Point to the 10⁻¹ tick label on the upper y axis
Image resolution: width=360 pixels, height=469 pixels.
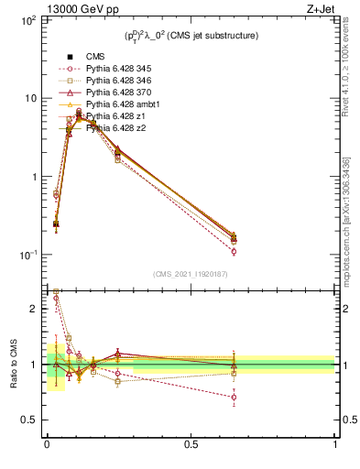tap(27, 255)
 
